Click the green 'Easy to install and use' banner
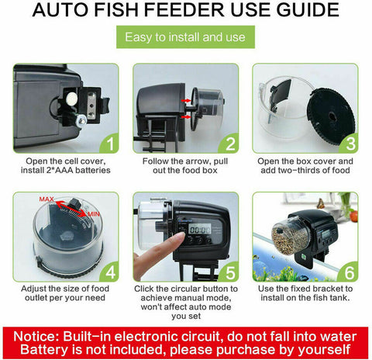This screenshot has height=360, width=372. (x=185, y=36)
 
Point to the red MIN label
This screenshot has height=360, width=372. (x=93, y=213)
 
